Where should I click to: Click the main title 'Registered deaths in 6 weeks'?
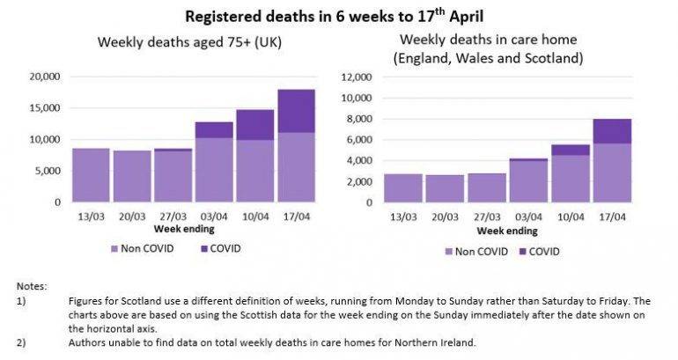coord(340,15)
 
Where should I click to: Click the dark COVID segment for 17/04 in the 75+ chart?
coord(296,111)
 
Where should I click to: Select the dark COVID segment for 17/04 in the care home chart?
coord(612,131)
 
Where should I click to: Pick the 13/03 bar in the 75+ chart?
coord(91,175)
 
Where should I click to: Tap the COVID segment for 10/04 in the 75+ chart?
coord(255,125)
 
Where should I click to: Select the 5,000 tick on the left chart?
coord(47,171)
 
